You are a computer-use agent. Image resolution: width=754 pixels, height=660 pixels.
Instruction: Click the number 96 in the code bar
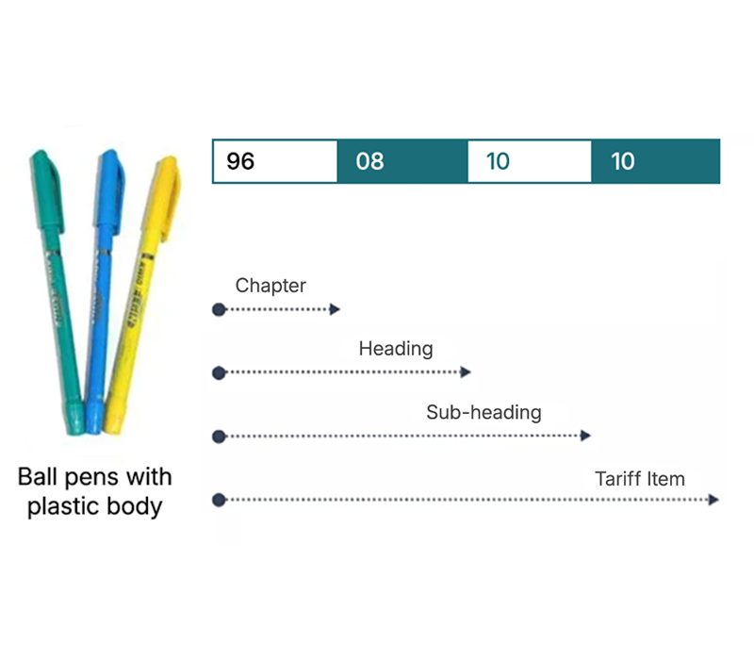pos(240,161)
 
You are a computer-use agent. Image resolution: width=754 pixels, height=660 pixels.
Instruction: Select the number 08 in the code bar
pos(369,161)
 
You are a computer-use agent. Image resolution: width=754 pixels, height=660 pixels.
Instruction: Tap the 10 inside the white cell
pos(497,161)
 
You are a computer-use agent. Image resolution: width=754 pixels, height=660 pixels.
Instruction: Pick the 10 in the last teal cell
pos(623,161)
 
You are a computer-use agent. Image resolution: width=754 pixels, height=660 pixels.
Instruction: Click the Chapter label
pos(270,286)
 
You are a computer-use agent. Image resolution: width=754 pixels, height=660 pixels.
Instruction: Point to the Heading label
pos(395,349)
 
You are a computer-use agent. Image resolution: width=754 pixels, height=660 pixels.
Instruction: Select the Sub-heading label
pos(484,412)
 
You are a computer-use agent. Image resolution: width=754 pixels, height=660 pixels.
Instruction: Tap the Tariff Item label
pos(639,478)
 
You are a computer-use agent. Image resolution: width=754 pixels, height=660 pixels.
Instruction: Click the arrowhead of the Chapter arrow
pos(335,309)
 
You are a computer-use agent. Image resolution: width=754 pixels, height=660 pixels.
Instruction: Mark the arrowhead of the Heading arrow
pos(466,373)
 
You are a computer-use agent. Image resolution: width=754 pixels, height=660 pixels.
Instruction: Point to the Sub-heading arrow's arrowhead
pos(586,436)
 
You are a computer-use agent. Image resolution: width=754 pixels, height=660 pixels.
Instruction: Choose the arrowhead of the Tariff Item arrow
pos(714,500)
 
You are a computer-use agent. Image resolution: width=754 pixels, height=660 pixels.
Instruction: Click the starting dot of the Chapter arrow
pos(219,309)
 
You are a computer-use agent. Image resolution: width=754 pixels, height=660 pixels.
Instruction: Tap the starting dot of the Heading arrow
pos(219,373)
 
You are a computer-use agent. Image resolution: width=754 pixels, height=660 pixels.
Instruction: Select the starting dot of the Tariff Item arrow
pos(219,500)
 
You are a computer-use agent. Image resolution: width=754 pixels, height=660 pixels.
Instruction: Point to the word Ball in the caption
pos(39,476)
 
